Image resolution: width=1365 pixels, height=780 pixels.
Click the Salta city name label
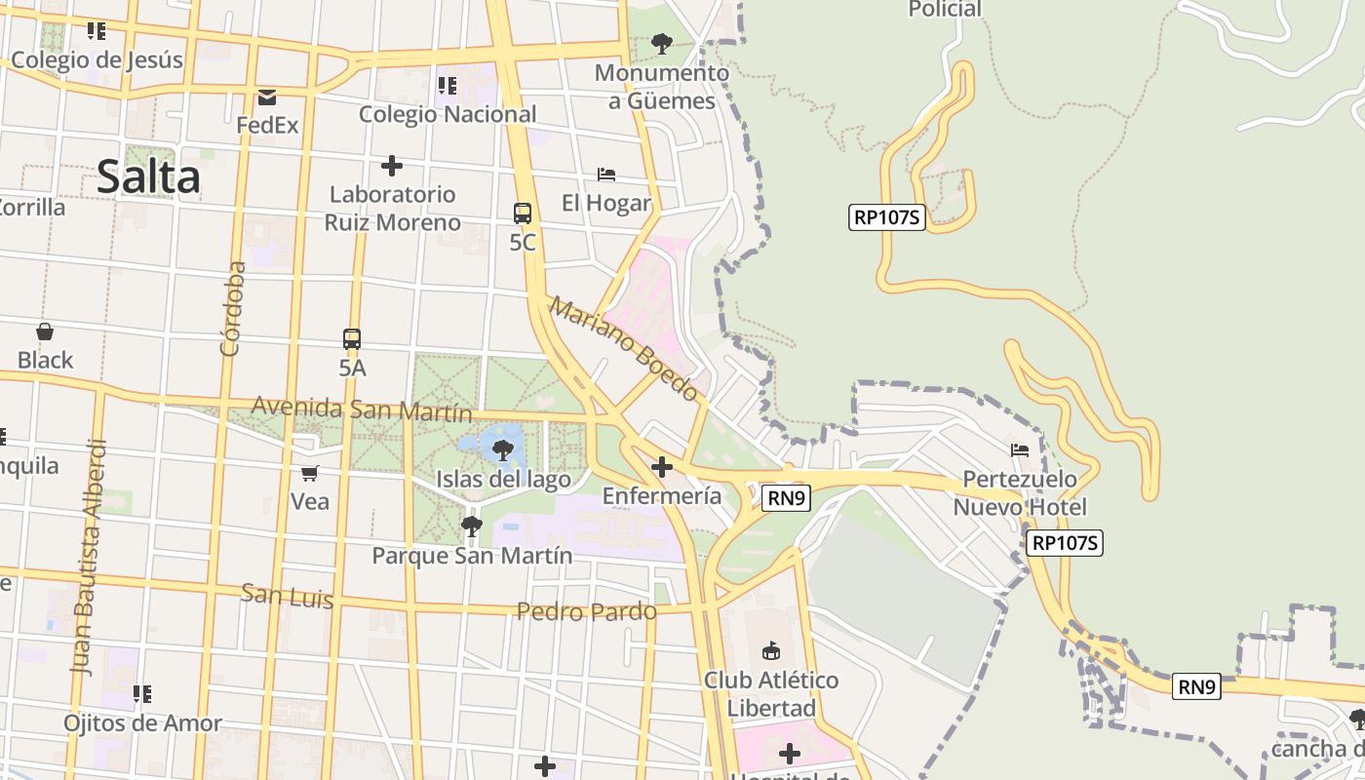148,176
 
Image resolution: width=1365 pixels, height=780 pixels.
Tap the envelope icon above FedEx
267,97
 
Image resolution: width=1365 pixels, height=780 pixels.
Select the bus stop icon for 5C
523,213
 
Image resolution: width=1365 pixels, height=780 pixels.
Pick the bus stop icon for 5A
352,339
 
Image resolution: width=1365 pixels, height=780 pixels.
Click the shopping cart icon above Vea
310,473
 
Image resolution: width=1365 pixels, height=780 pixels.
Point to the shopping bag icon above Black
45,331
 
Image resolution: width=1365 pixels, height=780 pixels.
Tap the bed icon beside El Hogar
606,175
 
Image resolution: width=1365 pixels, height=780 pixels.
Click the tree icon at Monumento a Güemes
662,43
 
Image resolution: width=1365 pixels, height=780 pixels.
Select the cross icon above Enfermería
662,467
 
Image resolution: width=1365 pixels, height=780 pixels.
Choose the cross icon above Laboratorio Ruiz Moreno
392,165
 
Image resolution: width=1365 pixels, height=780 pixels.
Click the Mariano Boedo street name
625,348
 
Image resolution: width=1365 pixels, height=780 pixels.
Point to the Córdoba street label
231,308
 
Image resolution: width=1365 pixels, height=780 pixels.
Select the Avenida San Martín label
362,408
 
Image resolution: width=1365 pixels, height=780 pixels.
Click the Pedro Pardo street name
586,611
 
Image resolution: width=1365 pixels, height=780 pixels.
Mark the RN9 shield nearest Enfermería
787,498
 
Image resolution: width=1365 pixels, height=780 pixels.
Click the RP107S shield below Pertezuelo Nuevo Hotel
1064,543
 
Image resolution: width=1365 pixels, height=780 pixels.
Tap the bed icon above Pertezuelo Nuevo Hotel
1020,449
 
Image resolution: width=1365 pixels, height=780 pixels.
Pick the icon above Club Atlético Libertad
771,650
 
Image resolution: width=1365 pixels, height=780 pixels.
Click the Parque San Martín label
472,556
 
